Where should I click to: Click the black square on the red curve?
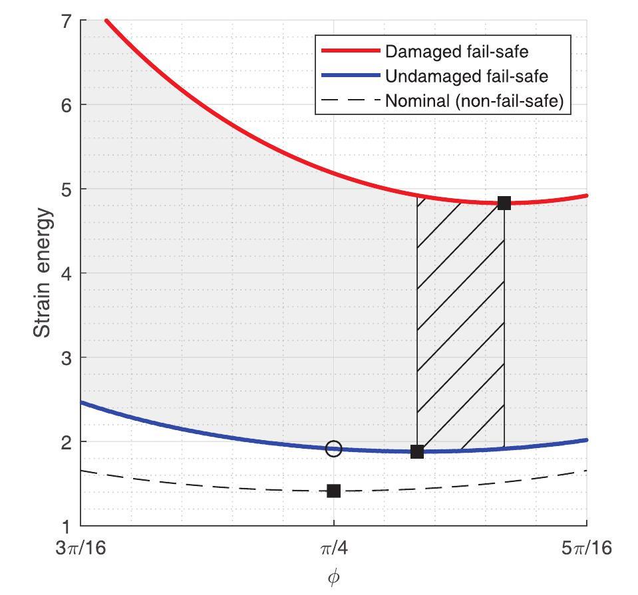[504, 203]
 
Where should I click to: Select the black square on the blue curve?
[417, 451]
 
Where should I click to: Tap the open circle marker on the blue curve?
[334, 449]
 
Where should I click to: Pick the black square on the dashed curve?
[334, 491]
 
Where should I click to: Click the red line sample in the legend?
[349, 51]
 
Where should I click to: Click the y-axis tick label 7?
[66, 21]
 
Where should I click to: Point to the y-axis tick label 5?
[66, 189]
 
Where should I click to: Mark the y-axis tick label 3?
[66, 358]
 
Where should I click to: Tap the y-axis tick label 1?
[66, 526]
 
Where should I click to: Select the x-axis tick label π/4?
[334, 548]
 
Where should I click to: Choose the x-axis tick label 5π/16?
[586, 548]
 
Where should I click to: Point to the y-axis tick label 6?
[66, 105]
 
